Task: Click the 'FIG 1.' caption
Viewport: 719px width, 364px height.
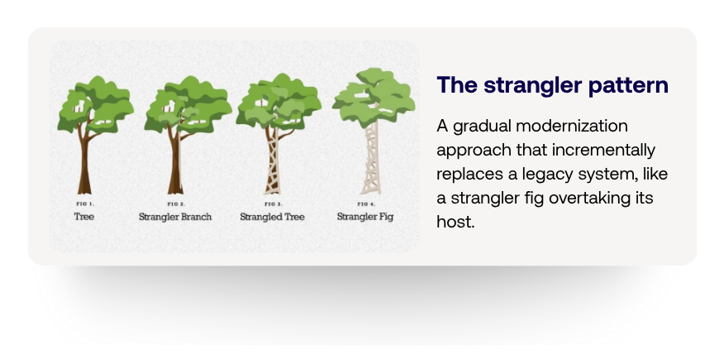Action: [x=85, y=204]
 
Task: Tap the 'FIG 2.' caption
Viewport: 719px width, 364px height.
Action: [x=177, y=204]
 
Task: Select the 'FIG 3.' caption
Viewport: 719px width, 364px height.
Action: [x=274, y=204]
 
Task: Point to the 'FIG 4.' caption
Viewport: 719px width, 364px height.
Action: [x=366, y=204]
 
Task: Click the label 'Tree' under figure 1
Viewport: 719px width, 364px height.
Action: [x=84, y=217]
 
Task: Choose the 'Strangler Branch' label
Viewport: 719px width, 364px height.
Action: [x=175, y=217]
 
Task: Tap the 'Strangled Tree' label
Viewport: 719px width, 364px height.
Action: [x=273, y=217]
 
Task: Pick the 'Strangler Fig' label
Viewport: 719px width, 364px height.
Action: [x=365, y=217]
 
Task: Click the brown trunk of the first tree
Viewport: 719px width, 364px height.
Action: [x=84, y=165]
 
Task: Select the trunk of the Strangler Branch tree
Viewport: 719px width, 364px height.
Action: [x=175, y=165]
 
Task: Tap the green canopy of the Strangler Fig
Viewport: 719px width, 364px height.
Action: [x=374, y=98]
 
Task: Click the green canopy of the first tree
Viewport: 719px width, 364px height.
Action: [x=95, y=103]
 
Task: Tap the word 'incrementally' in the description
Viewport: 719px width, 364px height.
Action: [x=603, y=150]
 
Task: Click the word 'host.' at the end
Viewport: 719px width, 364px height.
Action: [x=455, y=222]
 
